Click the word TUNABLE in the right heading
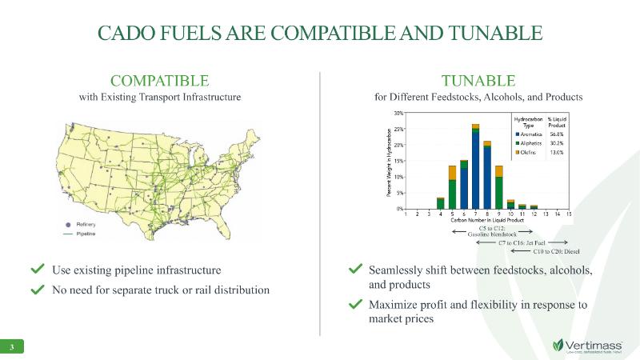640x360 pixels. [478, 80]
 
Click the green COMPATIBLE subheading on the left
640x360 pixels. [160, 80]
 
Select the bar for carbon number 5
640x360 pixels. [452, 187]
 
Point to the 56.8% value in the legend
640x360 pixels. [557, 134]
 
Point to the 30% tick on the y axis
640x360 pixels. [398, 114]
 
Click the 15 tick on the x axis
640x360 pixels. [569, 214]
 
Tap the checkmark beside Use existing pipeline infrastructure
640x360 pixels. [37, 269]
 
